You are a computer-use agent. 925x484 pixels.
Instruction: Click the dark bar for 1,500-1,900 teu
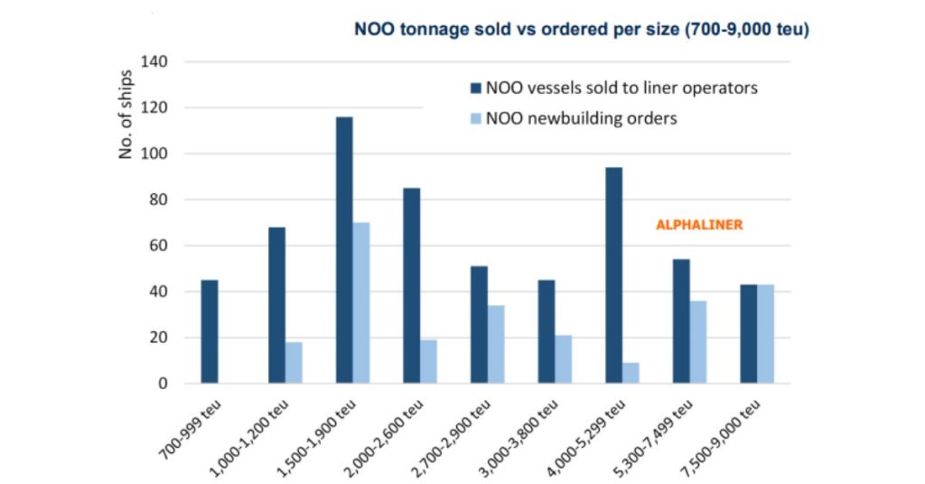click(x=344, y=250)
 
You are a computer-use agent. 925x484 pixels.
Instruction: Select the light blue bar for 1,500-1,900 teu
click(x=361, y=302)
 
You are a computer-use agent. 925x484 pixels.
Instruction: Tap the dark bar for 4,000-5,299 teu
click(x=613, y=275)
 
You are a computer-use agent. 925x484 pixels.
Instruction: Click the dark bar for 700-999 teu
click(x=210, y=331)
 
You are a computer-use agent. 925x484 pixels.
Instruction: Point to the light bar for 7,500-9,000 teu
click(x=765, y=334)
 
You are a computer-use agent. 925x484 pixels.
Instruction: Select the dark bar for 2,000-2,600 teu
click(x=411, y=285)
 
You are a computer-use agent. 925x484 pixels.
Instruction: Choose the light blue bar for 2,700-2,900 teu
click(x=496, y=344)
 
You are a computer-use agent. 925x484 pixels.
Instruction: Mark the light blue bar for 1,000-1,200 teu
click(x=294, y=362)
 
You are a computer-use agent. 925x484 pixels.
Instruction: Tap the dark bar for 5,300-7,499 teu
click(x=681, y=321)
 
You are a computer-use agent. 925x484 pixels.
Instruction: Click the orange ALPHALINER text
click(x=699, y=225)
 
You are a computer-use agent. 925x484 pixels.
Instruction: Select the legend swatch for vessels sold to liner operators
click(x=475, y=88)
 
